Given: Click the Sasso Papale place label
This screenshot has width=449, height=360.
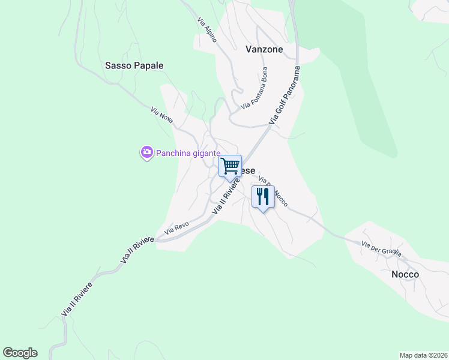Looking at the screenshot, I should (134, 65).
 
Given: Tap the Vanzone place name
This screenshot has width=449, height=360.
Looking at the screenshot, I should (264, 50).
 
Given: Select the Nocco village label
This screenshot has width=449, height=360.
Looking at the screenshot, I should (405, 274).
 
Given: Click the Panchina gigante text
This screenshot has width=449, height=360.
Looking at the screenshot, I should (188, 153).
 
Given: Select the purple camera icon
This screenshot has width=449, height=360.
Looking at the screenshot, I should (146, 153).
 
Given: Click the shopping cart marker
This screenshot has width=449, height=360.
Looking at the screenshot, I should (230, 166).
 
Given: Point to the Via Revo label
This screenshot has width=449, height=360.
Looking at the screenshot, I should (177, 227).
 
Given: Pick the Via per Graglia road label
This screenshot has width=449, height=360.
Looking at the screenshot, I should (381, 248).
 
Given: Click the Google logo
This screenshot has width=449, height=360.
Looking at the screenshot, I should (20, 353).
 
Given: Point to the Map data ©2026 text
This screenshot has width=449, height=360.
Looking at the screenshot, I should (423, 355).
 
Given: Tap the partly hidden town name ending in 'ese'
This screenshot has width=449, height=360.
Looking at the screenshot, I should (248, 170).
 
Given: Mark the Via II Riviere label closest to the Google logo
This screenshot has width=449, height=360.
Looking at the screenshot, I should (77, 299).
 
